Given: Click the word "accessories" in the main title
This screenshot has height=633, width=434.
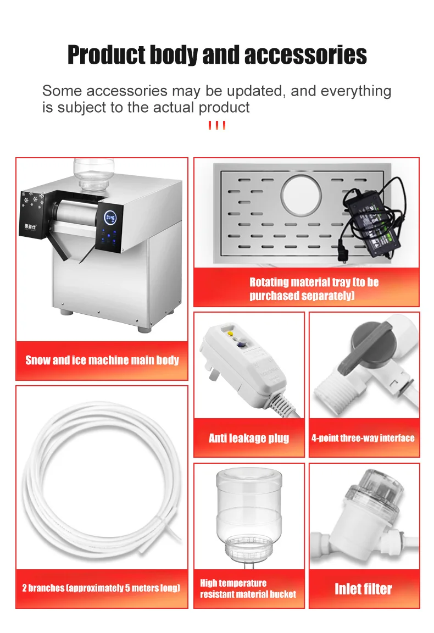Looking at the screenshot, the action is [305, 55].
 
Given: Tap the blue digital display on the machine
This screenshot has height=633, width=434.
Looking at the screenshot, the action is [110, 218].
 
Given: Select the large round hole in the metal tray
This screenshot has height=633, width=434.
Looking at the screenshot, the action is [301, 195].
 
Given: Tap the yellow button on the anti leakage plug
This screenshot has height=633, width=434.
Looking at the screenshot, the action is [231, 334].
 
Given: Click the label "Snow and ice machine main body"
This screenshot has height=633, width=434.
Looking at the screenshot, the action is [102, 360].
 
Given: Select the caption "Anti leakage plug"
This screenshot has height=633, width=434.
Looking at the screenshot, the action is [249, 438].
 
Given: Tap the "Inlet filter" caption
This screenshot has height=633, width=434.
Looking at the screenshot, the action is [363, 589].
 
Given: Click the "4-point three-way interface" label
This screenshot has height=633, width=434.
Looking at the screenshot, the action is [363, 438].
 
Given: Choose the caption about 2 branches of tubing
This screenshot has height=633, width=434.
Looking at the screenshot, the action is [101, 588].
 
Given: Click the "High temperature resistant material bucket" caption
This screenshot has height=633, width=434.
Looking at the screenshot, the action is [248, 588].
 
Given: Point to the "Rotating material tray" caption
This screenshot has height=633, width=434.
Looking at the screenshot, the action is [314, 288].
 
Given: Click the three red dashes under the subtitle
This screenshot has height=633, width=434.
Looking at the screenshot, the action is [217, 125].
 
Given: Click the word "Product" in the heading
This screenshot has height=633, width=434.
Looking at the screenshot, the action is [107, 55].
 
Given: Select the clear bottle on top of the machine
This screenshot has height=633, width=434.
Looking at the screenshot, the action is [94, 174].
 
